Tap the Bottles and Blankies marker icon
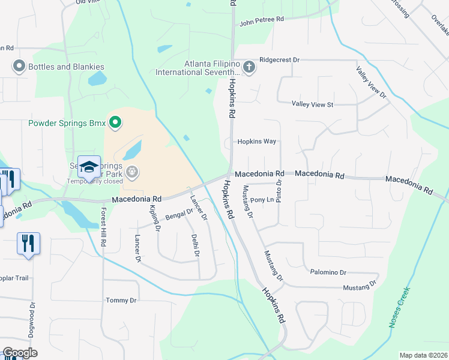[19, 67]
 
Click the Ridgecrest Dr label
[279, 61]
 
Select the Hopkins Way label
[256, 142]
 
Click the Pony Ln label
[262, 200]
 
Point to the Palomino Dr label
[328, 272]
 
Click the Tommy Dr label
[121, 301]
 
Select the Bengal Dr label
[179, 213]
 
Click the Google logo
[20, 353]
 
